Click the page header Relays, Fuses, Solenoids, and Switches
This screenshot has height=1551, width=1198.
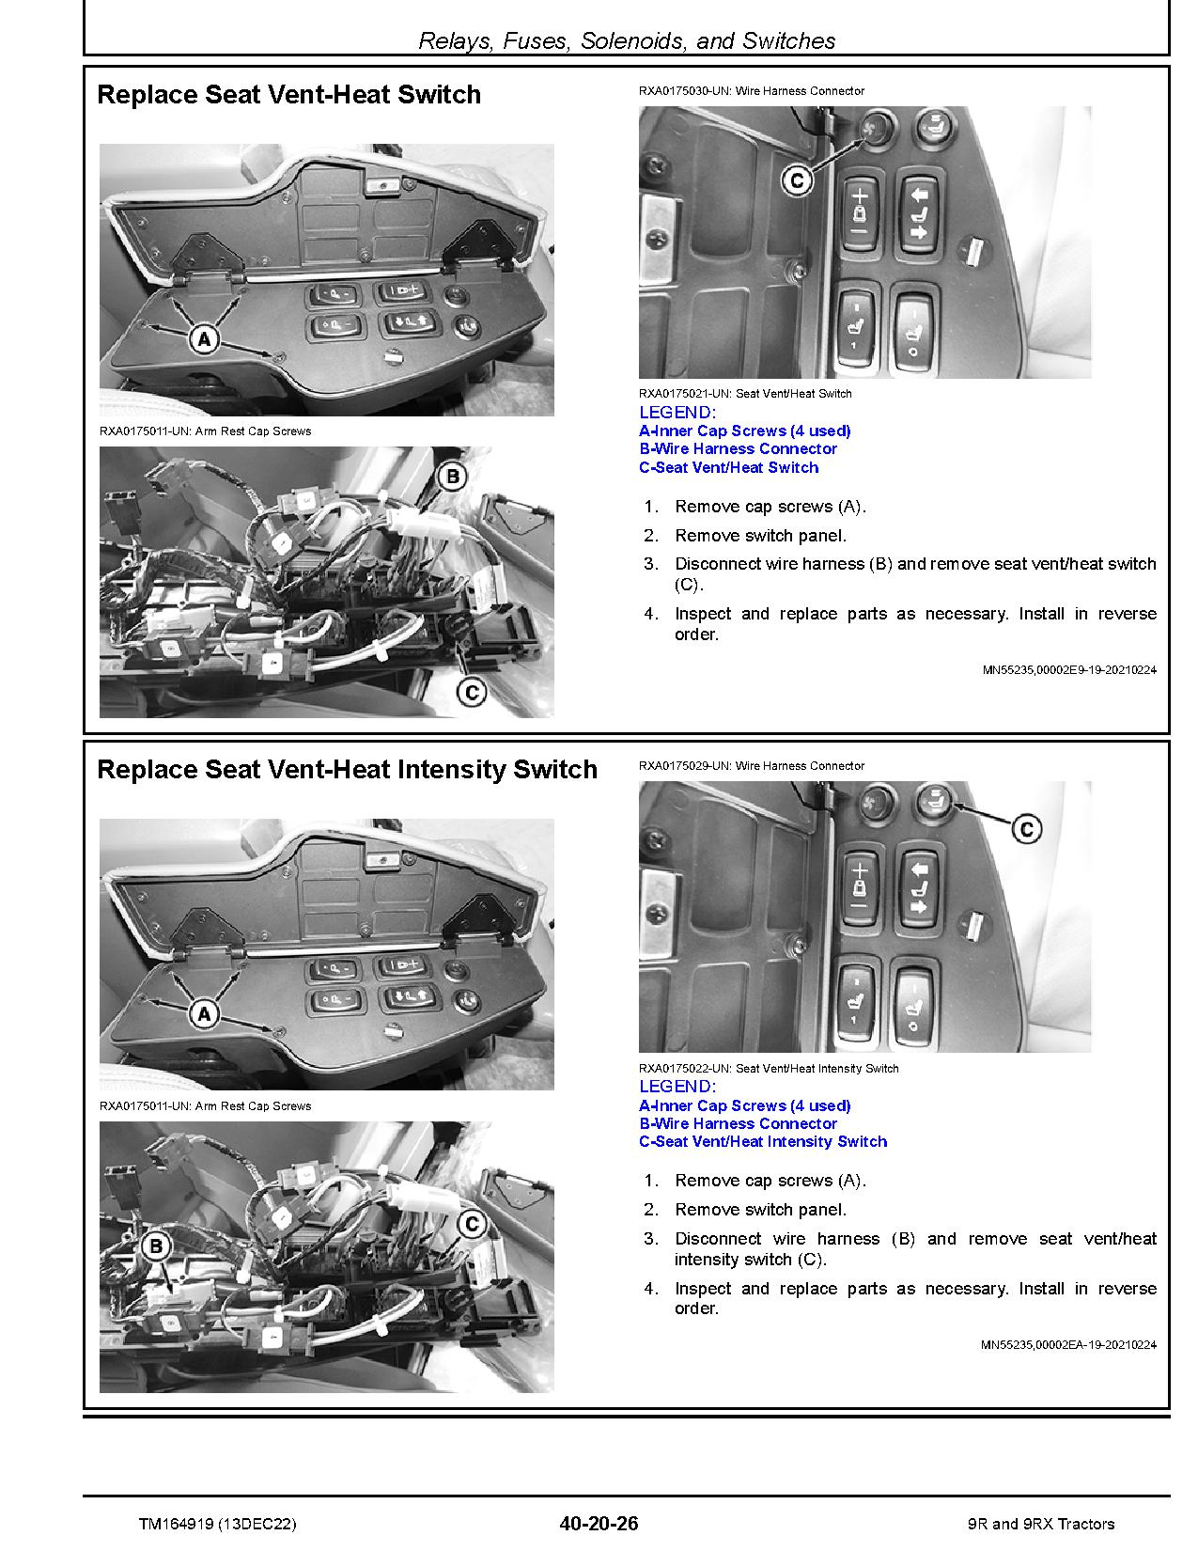[x=626, y=40]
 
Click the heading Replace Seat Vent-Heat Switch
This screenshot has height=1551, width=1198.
[x=289, y=95]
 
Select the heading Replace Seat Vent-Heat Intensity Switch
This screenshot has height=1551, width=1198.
[x=347, y=770]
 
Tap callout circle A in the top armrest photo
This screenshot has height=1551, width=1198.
[x=204, y=338]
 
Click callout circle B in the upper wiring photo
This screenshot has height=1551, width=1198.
[x=452, y=477]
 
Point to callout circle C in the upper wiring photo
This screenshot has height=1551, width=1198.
[x=471, y=693]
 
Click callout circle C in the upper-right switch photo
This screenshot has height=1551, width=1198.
[x=797, y=180]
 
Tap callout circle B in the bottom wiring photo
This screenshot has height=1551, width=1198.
[x=156, y=1246]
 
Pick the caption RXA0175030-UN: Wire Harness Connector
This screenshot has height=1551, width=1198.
[x=751, y=91]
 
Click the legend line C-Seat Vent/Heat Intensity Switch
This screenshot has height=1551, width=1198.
[x=762, y=1141]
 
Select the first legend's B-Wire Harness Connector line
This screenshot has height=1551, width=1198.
[x=738, y=449]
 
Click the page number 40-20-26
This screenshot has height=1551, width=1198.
[x=598, y=1524]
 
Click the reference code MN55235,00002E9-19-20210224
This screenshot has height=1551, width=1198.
[x=1068, y=670]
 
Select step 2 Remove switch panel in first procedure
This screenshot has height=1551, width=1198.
[x=759, y=536]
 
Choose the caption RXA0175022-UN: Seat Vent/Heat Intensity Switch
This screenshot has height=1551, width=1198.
[x=768, y=1069]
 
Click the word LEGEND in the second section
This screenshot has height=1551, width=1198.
[x=677, y=1087]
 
